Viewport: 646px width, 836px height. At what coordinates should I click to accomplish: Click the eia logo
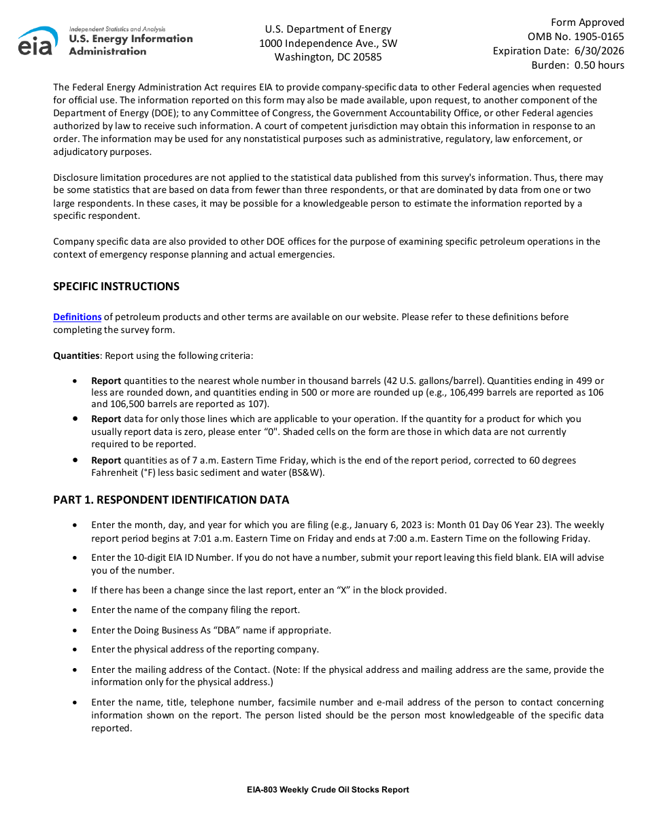pyautogui.click(x=38, y=41)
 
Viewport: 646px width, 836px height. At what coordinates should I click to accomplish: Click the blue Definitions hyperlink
pyautogui.click(x=78, y=317)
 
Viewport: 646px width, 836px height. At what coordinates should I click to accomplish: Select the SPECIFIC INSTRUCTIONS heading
pyautogui.click(x=116, y=286)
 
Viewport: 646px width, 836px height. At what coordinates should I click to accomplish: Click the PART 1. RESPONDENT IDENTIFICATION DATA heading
pyautogui.click(x=171, y=500)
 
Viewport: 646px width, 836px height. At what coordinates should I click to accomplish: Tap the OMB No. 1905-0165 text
pyautogui.click(x=575, y=37)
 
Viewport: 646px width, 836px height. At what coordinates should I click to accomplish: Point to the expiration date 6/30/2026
pyautogui.click(x=599, y=51)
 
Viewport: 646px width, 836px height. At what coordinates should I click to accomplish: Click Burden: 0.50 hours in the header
pyautogui.click(x=577, y=65)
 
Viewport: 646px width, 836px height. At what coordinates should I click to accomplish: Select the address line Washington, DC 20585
pyautogui.click(x=328, y=57)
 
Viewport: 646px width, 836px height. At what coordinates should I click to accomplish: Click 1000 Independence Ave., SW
pyautogui.click(x=328, y=43)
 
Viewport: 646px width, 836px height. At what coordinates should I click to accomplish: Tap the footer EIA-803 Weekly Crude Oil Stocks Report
pyautogui.click(x=328, y=790)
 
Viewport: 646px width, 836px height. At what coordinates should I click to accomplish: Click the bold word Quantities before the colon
pyautogui.click(x=77, y=355)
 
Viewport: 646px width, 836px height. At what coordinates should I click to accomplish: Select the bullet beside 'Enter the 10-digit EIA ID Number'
pyautogui.click(x=74, y=557)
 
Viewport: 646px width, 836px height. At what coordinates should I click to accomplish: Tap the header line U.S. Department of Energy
pyautogui.click(x=328, y=29)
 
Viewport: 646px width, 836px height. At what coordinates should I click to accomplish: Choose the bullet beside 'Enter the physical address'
pyautogui.click(x=74, y=649)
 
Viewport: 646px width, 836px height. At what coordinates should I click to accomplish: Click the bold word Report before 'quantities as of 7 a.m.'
pyautogui.click(x=106, y=460)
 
